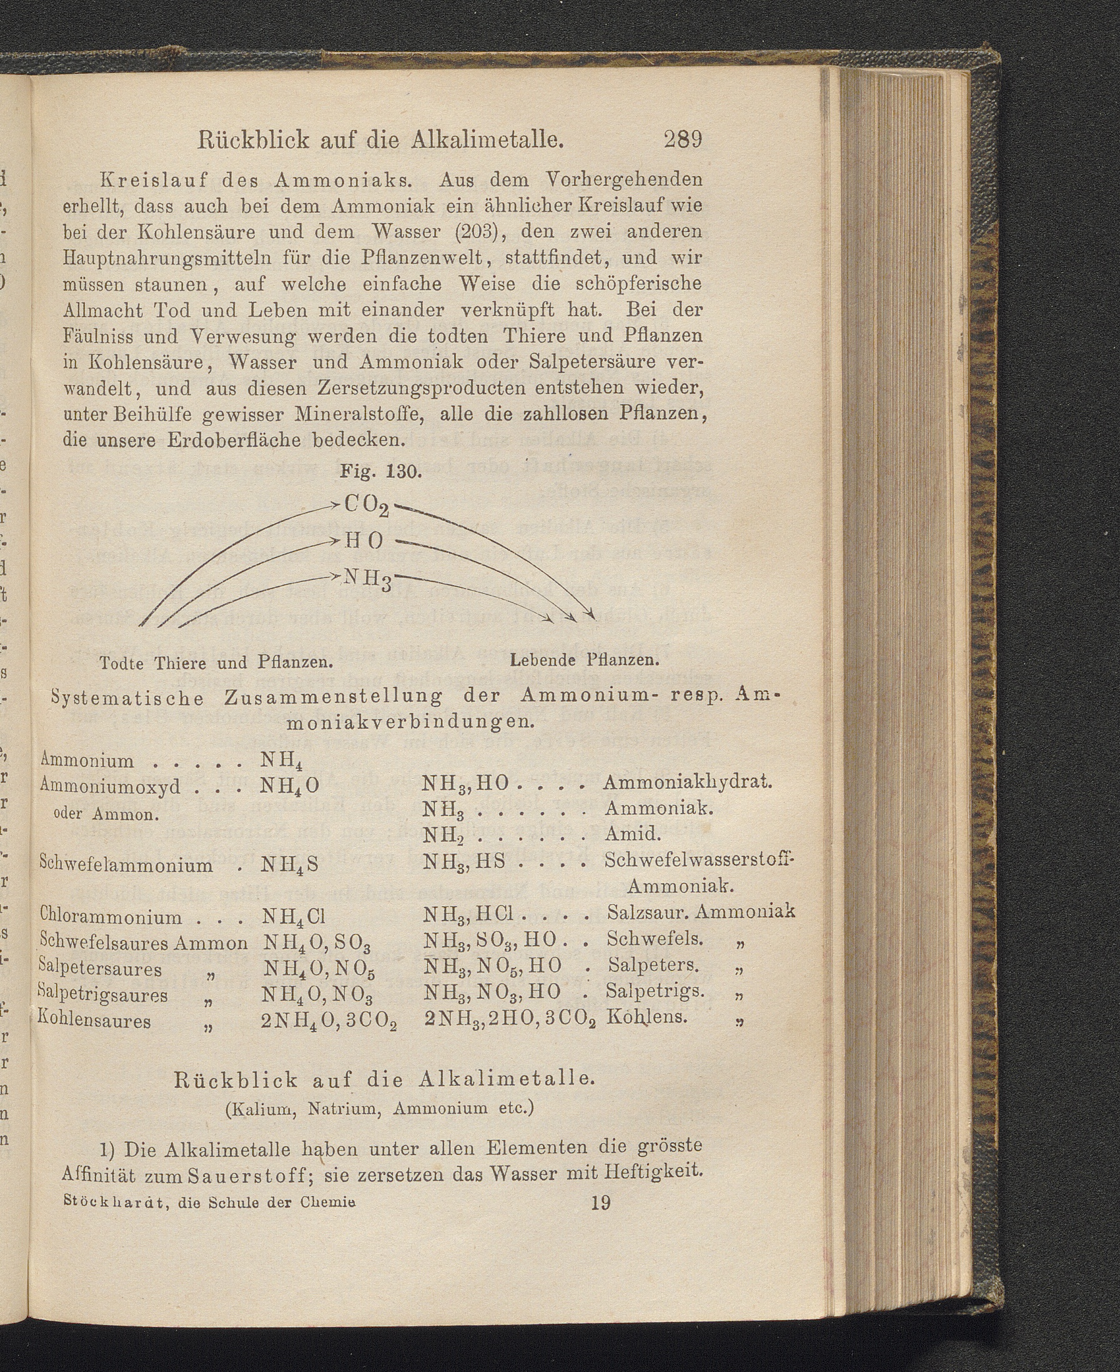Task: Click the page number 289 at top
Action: (682, 139)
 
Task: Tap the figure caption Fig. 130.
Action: (380, 471)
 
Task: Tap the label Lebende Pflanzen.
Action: (583, 660)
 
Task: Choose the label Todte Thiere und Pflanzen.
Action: (216, 663)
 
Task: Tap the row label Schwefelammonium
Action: (126, 864)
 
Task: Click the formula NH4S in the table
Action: (290, 865)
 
